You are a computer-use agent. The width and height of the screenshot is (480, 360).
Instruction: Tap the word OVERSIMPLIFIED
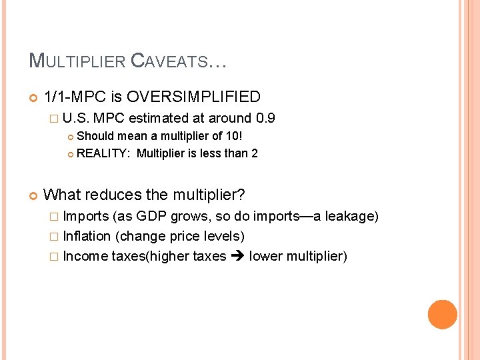(x=193, y=97)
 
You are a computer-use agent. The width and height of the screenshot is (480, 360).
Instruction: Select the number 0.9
(x=265, y=119)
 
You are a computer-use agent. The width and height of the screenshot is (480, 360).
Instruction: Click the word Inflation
(x=87, y=236)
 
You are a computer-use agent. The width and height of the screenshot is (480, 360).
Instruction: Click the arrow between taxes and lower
(x=237, y=256)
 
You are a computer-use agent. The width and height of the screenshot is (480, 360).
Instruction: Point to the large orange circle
(x=442, y=315)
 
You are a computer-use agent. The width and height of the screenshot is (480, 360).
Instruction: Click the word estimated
(x=159, y=119)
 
